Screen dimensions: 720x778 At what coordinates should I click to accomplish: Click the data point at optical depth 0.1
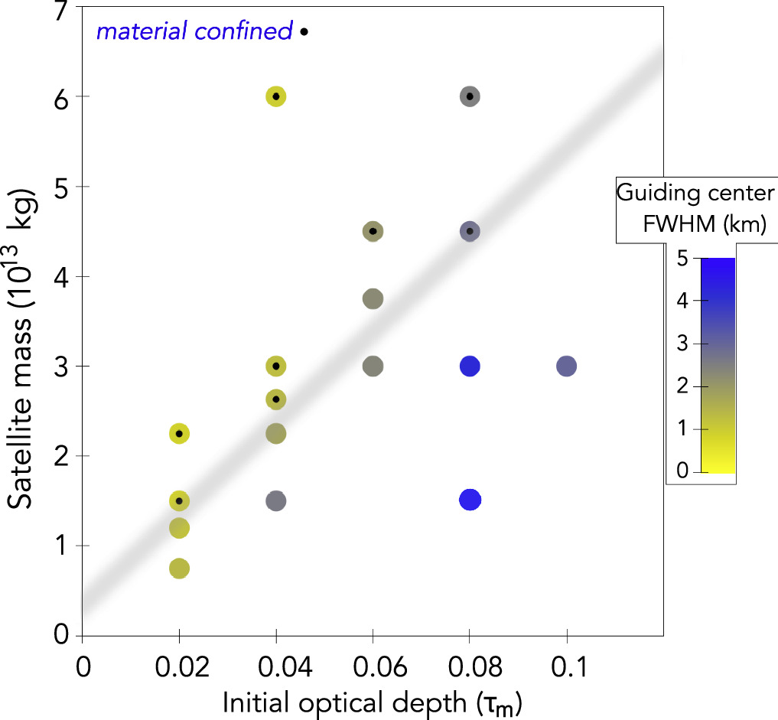[566, 366]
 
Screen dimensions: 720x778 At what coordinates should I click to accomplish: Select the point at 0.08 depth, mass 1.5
[470, 500]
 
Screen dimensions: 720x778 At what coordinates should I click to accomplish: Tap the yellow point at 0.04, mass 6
[276, 96]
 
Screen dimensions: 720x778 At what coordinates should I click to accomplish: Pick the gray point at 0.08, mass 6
[470, 96]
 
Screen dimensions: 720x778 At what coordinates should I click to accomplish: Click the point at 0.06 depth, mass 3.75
[373, 298]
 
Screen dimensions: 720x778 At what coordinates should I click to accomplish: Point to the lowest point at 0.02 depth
[179, 569]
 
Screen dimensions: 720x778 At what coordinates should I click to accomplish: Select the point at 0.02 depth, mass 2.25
[179, 433]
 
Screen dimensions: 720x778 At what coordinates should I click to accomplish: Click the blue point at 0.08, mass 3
[470, 366]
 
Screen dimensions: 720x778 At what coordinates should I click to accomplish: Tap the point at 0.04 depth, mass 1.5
[276, 501]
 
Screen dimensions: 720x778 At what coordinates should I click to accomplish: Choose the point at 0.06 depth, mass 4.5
[373, 231]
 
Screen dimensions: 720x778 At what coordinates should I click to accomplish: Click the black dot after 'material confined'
[304, 32]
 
